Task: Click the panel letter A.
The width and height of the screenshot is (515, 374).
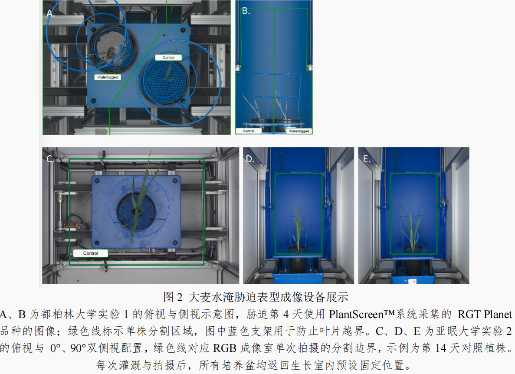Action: point(50,13)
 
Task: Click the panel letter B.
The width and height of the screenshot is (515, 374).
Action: point(246,11)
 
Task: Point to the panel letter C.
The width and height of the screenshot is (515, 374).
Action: point(50,159)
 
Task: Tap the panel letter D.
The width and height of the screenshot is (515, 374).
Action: point(250,159)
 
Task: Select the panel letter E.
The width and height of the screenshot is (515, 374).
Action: point(367,159)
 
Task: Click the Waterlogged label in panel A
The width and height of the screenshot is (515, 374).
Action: point(108,77)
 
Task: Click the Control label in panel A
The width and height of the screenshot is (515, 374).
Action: point(168,57)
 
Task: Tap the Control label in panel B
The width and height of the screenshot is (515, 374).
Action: point(249,131)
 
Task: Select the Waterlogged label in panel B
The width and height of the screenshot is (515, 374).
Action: point(299,131)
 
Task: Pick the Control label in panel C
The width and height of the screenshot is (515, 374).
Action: point(91,253)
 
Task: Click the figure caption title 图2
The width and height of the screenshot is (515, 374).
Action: point(173,297)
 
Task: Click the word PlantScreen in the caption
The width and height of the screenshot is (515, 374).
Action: point(356,314)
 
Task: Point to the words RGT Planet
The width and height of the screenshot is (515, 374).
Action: point(485,314)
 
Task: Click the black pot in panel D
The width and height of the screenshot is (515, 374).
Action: point(298,260)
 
